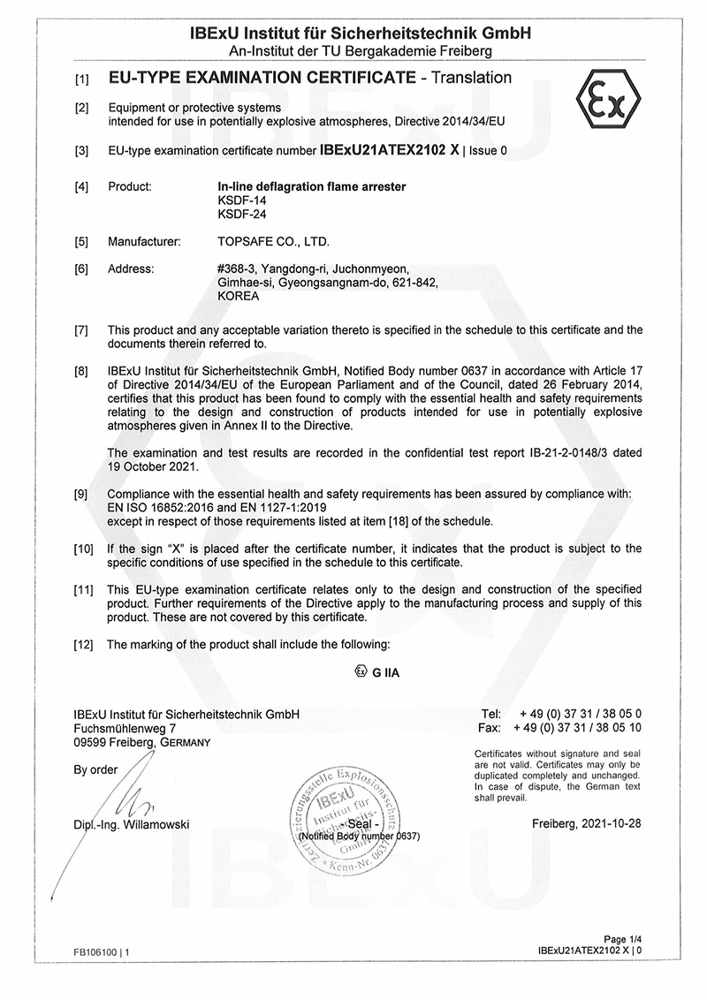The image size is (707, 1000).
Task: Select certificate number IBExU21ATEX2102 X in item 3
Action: [390, 151]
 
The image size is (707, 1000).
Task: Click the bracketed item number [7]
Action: [81, 330]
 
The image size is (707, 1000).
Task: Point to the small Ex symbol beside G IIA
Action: [360, 671]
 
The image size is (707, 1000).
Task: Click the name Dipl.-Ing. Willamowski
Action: [132, 825]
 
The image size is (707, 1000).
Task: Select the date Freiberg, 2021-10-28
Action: [587, 824]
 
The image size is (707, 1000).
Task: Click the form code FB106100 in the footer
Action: [96, 953]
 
